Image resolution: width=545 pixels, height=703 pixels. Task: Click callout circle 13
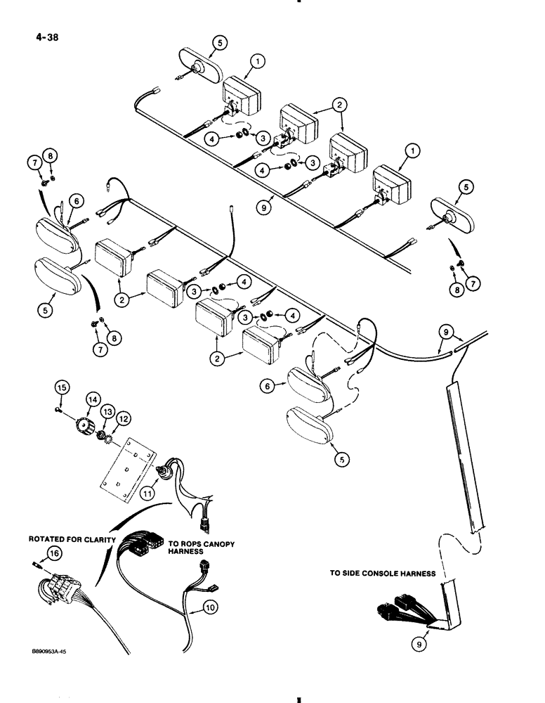(107, 411)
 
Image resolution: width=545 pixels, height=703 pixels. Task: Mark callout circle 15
(61, 387)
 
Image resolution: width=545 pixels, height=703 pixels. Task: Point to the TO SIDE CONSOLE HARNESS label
(383, 574)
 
